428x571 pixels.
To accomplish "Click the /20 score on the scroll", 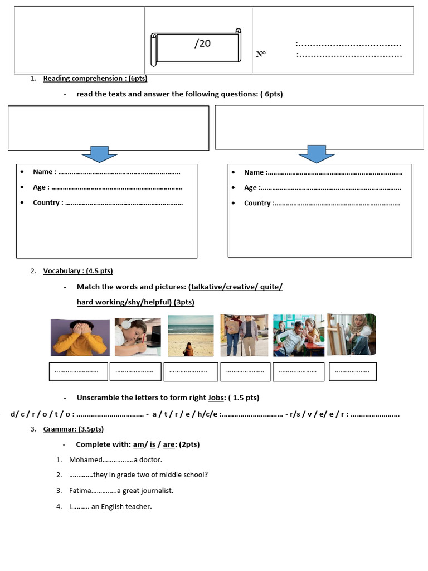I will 203,43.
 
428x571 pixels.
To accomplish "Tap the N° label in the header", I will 261,54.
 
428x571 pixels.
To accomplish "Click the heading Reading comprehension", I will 83,79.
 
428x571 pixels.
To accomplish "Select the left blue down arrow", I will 100,153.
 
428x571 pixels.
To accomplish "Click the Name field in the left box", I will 43,172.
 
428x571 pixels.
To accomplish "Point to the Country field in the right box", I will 257,203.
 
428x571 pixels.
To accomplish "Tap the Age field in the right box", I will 251,188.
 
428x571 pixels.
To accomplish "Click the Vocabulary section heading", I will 62,271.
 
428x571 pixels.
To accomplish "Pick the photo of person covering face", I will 79,337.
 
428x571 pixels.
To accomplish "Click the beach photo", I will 191,335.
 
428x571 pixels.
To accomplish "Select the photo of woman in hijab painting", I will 351,334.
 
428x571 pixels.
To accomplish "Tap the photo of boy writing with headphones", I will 138,337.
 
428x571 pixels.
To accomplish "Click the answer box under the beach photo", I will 188,371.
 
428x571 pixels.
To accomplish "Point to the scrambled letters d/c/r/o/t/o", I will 41,414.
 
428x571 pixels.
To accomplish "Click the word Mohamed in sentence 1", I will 86,460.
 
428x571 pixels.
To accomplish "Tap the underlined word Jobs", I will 216,398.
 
